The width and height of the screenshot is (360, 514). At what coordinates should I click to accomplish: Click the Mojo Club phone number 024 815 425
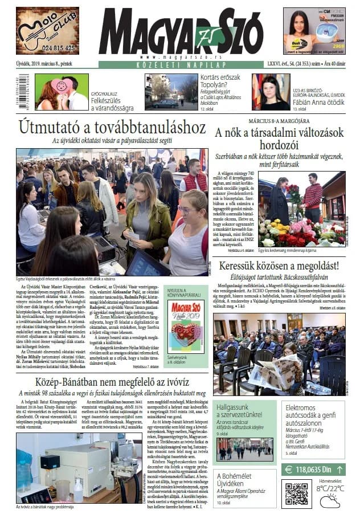pyautogui.click(x=47, y=48)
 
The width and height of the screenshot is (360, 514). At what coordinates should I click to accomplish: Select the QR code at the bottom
pyautogui.click(x=296, y=493)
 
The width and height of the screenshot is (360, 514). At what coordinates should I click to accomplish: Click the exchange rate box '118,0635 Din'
pyautogui.click(x=313, y=470)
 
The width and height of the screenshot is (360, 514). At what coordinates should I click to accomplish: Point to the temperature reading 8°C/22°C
pyautogui.click(x=330, y=488)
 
